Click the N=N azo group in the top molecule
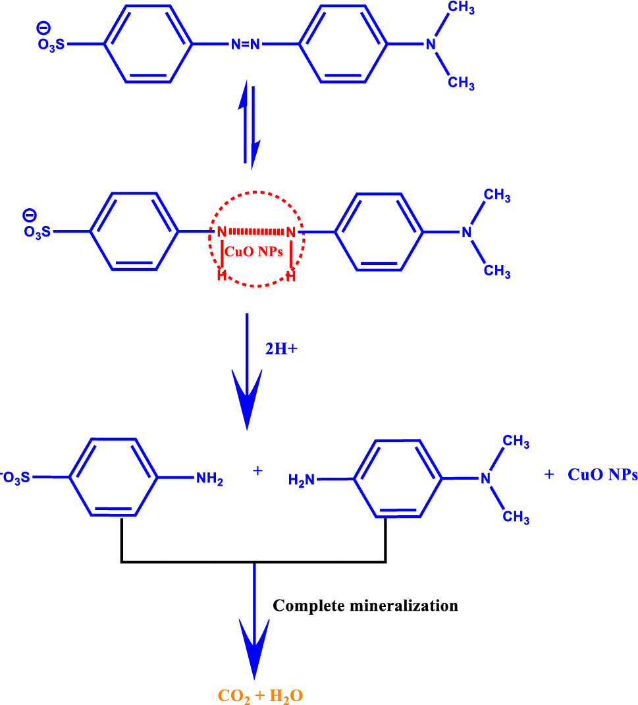click(246, 45)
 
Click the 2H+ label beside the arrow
click(282, 349)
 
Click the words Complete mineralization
click(365, 606)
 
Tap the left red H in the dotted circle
click(223, 277)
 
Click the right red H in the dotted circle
click(290, 277)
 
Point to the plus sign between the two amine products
click(257, 471)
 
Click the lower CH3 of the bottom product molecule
click(516, 518)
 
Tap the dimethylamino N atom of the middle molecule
click(466, 233)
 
